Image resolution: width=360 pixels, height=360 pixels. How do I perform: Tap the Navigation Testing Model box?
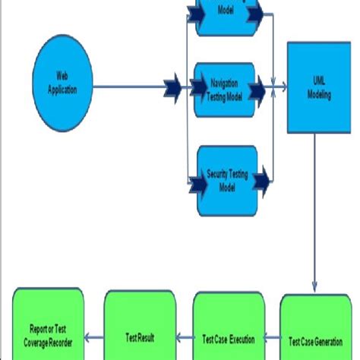223,90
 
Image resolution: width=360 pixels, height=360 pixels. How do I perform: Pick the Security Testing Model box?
225,181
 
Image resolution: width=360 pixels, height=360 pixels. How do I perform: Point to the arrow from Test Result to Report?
93,335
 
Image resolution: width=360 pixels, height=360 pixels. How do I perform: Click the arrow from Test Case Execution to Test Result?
185,335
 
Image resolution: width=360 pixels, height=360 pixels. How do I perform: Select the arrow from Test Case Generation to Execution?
273,335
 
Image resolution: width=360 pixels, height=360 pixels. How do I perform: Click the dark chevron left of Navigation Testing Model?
173,89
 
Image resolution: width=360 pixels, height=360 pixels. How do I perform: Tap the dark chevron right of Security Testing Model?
262,181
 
